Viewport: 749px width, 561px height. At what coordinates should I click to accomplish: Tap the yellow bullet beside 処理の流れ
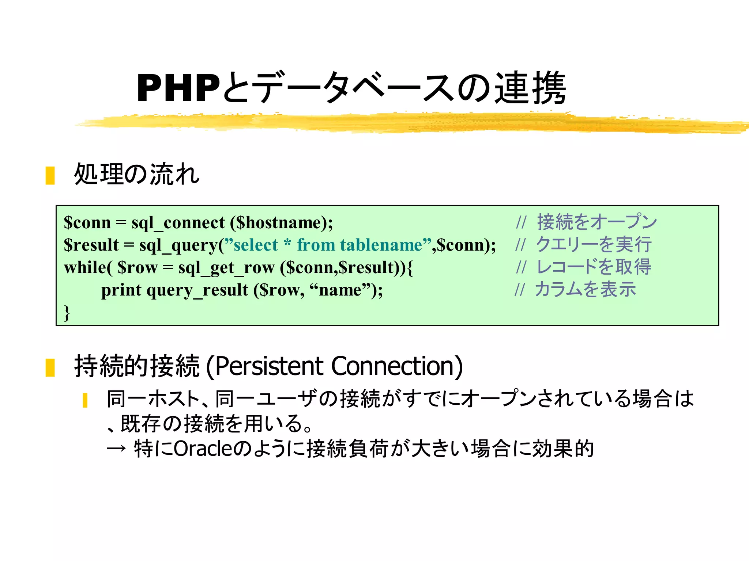50,175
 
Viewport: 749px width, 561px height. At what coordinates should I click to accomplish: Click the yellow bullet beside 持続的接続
50,367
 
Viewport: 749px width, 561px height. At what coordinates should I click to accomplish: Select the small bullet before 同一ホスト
85,400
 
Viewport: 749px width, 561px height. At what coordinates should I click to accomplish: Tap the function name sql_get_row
226,268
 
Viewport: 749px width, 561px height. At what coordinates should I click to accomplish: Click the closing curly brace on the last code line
67,313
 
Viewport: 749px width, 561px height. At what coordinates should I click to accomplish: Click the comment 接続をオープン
597,222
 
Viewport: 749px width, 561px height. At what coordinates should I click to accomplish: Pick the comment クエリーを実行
593,244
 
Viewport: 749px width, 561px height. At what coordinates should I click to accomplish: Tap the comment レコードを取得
593,267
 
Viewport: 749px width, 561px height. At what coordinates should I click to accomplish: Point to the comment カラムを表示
585,289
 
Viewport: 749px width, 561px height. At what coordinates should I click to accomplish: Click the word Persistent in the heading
270,366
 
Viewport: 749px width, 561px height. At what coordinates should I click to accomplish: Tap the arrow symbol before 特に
116,449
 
